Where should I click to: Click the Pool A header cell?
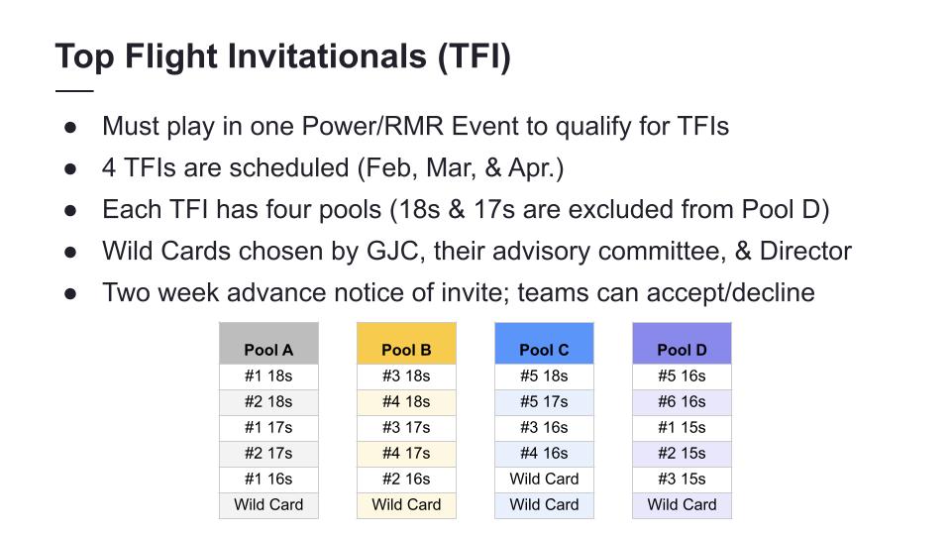tap(268, 344)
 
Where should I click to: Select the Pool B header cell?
tap(406, 344)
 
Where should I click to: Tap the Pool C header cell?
tap(544, 344)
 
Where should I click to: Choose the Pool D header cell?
tap(682, 344)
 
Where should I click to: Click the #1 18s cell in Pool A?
tap(268, 376)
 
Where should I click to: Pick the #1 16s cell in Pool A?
tap(268, 480)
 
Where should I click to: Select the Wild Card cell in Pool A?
tap(268, 505)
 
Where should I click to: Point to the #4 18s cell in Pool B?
tap(406, 402)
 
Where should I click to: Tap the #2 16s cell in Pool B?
tap(406, 480)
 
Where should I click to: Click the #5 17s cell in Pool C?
tap(544, 402)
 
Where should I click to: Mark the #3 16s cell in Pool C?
tap(544, 428)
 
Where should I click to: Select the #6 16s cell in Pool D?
tap(682, 402)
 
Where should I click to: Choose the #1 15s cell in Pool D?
tap(682, 428)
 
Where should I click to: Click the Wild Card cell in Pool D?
tap(682, 505)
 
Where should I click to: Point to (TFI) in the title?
tap(475, 57)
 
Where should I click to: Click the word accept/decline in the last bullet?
tap(730, 293)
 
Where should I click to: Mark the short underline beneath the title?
tap(74, 91)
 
